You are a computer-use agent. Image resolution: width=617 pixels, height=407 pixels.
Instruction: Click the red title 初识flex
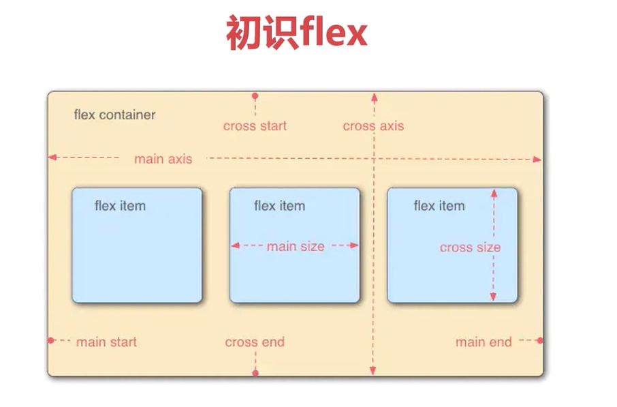coord(296,32)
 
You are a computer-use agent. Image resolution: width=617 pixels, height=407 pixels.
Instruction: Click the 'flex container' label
coord(114,115)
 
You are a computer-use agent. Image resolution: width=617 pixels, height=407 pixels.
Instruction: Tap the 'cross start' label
coord(255,126)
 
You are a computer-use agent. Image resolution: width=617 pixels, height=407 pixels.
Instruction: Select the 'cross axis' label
coord(373,126)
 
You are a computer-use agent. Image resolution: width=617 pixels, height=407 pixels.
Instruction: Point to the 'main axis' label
coord(163,159)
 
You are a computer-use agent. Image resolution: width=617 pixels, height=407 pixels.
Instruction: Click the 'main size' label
coord(295,246)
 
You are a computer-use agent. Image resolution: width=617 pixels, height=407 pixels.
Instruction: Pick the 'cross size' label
coord(470,247)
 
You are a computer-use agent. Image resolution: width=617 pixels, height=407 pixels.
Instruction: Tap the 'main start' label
coord(106,342)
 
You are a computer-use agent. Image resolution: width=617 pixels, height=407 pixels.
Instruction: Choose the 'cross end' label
coord(255,342)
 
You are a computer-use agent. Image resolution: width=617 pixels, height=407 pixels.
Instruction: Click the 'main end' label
coord(484,342)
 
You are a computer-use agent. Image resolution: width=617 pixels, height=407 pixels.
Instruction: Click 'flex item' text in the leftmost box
coord(120,206)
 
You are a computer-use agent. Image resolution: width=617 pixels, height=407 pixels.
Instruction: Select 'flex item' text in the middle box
coord(279,206)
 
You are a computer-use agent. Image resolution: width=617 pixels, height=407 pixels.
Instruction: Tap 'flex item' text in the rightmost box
coord(439,206)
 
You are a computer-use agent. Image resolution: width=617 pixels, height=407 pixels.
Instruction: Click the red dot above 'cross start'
coord(255,97)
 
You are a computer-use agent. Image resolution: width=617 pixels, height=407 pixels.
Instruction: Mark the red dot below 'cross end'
coord(255,373)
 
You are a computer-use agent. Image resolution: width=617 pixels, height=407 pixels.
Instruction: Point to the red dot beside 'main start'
coord(51,340)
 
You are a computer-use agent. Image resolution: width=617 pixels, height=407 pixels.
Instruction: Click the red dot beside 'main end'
coord(539,340)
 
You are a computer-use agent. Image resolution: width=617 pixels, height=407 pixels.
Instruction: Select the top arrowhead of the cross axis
coord(373,96)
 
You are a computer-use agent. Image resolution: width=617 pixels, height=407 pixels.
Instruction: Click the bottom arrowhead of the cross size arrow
coord(494,297)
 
